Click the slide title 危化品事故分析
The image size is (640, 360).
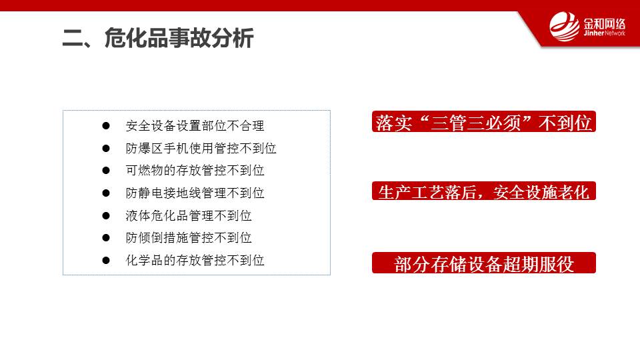coord(179,38)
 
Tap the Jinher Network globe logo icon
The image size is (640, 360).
coord(564,27)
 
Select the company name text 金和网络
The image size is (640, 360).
coord(604,24)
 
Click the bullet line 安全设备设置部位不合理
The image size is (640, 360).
coord(195,126)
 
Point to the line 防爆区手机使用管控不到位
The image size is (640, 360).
coord(201,148)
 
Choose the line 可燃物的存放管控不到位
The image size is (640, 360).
coord(195,170)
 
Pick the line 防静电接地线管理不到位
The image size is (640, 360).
coord(195,193)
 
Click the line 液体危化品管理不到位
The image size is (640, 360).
coord(189,215)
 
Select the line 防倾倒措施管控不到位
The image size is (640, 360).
coord(189,237)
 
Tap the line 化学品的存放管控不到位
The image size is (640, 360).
coord(195,260)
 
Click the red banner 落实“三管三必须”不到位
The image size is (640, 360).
coord(484,121)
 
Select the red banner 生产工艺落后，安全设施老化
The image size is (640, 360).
coord(484,191)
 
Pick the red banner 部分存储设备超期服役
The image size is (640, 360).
coord(484,263)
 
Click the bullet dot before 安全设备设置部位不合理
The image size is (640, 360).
coord(106,126)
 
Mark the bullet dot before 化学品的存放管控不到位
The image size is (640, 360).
coord(106,260)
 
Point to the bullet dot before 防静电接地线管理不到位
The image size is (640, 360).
coord(106,193)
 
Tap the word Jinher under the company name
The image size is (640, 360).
coord(593,33)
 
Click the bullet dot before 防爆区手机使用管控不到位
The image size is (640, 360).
coord(106,148)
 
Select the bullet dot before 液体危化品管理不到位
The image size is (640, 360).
coord(106,215)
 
